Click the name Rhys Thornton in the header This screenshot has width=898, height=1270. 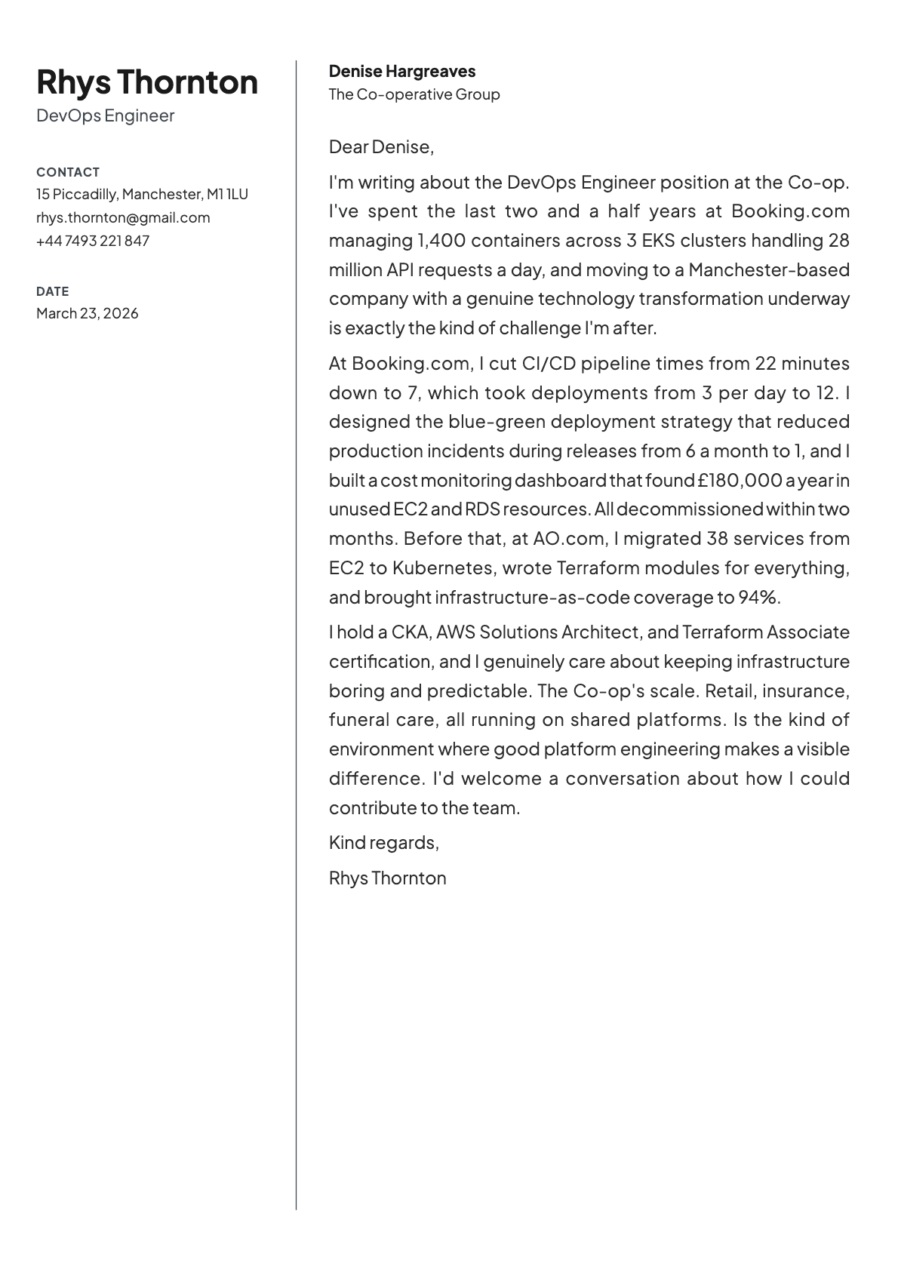(x=147, y=81)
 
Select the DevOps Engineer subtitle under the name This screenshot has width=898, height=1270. (x=105, y=115)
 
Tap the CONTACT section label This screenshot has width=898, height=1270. (x=68, y=172)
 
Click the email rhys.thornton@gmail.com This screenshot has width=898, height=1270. (x=123, y=217)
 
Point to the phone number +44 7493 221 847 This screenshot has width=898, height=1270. (x=93, y=241)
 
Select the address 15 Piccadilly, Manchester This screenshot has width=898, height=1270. (x=142, y=194)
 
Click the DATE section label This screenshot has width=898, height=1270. (x=52, y=291)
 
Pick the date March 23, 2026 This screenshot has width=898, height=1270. (x=88, y=313)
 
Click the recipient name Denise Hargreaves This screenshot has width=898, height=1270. (x=401, y=72)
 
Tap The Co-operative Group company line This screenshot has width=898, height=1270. (x=414, y=94)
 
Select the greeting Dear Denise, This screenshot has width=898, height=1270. (x=381, y=146)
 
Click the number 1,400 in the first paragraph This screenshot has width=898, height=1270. (x=441, y=241)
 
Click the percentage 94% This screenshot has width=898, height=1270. (x=757, y=598)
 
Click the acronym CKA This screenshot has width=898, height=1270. (x=410, y=632)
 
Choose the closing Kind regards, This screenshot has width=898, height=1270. (x=383, y=843)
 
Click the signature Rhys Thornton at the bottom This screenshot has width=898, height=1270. (x=387, y=878)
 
